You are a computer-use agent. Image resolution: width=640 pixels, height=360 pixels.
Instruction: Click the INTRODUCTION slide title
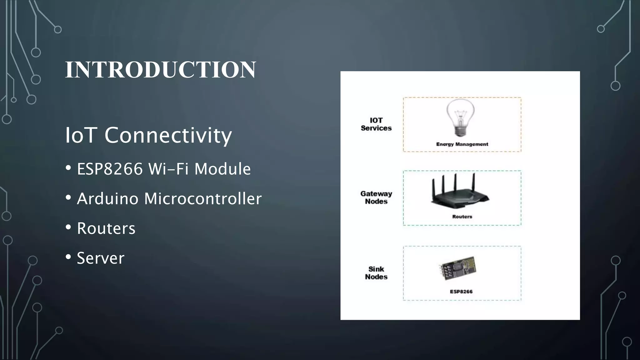coord(160,69)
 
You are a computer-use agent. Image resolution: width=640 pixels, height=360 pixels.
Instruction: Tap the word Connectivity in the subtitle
coord(168,135)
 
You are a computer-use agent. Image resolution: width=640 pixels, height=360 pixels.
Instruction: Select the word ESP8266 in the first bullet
coord(110,169)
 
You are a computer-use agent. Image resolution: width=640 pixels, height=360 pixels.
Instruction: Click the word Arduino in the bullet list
coord(107,199)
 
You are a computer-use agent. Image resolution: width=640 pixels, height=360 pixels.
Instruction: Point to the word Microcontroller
coord(203,199)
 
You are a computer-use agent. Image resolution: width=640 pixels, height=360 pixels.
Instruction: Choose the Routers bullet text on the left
coord(106,228)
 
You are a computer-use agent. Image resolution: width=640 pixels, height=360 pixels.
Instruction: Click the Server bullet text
coord(100,258)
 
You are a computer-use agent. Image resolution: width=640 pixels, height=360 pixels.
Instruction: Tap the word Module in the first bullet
coord(222,169)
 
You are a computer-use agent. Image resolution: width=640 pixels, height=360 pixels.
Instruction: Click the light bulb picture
coord(460,117)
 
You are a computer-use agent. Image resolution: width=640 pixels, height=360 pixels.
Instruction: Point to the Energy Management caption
coord(462,144)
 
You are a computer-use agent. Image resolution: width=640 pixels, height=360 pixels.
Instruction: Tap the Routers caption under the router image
coord(462,217)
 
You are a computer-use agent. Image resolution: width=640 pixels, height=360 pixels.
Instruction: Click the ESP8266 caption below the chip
coord(461,292)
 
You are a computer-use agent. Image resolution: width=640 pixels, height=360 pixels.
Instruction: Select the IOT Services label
coord(376,124)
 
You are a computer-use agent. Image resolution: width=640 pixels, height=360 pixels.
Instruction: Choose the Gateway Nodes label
coord(376,197)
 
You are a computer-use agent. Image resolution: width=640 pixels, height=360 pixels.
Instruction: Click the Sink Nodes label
coord(376,273)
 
